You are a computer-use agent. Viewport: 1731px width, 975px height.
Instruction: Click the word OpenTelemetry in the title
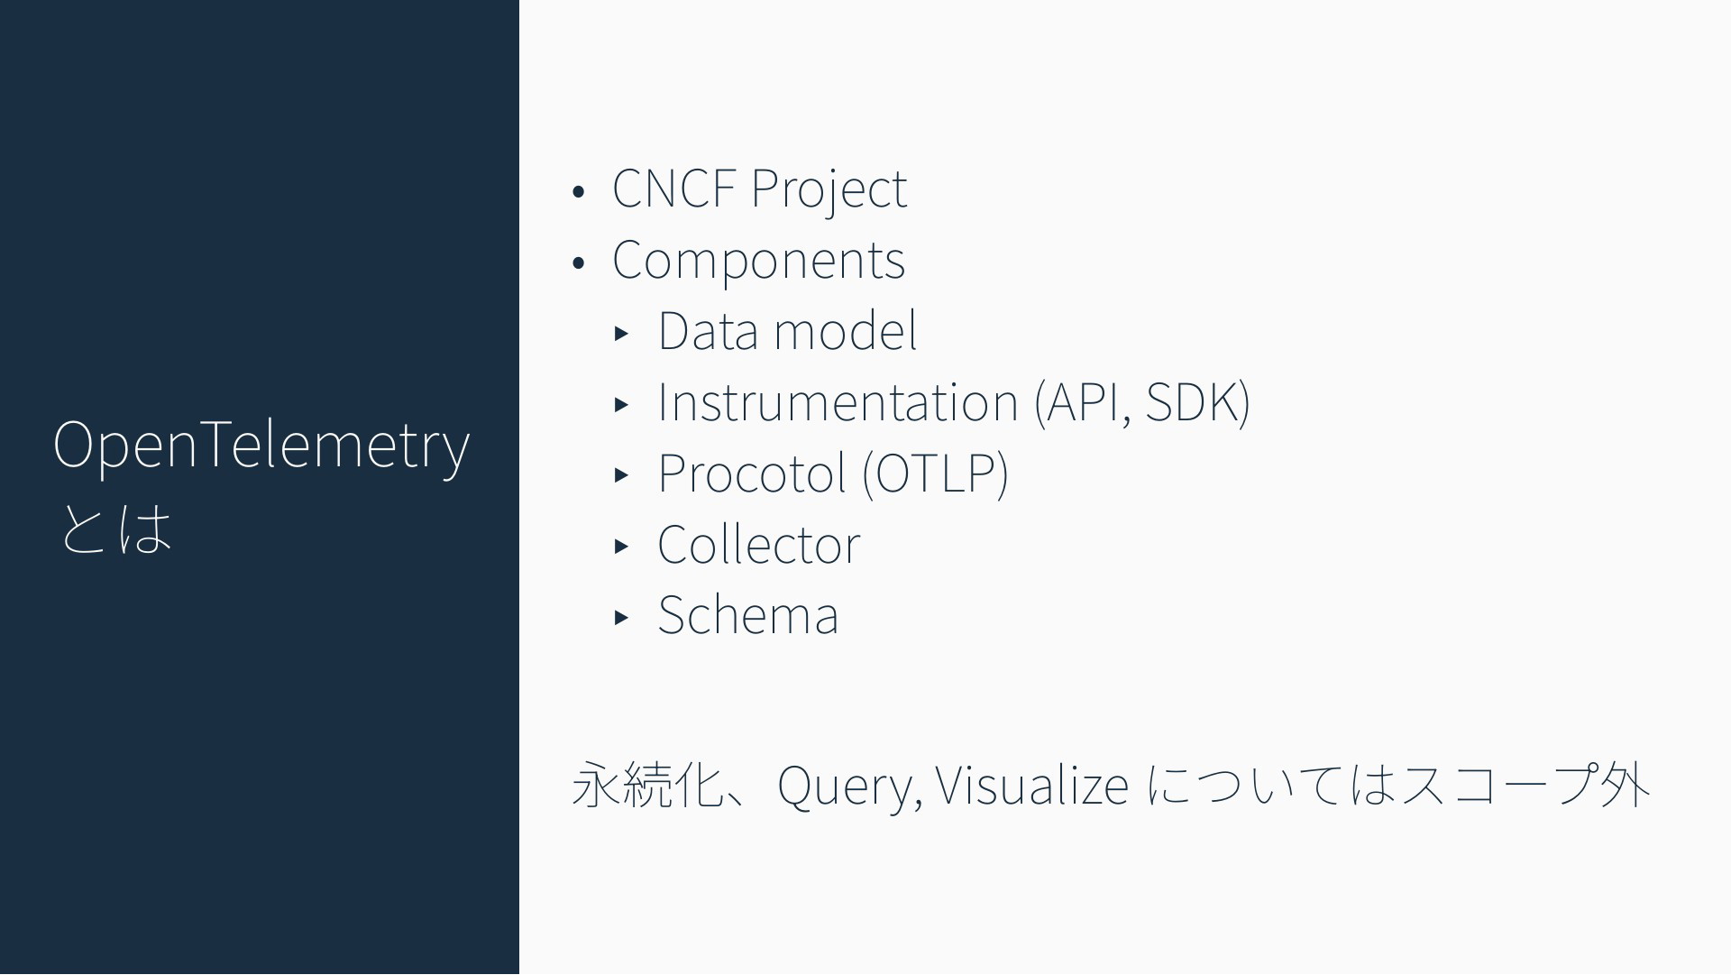click(x=261, y=446)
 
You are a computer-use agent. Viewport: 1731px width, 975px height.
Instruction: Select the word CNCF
click(x=673, y=188)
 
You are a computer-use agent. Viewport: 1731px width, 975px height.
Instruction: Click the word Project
click(x=829, y=190)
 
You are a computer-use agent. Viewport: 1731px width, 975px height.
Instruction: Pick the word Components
click(x=758, y=261)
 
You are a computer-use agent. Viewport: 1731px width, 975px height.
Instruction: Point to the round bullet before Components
click(x=579, y=263)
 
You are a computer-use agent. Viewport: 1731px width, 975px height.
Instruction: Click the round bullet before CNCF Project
click(x=579, y=192)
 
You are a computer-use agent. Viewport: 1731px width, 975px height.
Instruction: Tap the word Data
click(x=709, y=330)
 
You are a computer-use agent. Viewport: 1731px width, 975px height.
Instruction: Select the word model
click(x=845, y=330)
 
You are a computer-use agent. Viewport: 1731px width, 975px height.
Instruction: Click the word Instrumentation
click(x=838, y=401)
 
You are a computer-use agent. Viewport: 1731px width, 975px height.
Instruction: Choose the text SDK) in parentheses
click(x=1197, y=401)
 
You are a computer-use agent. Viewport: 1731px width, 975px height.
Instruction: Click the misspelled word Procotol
click(x=753, y=473)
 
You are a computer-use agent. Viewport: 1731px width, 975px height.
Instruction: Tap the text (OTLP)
click(x=935, y=473)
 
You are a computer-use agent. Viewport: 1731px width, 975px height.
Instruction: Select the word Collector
click(x=759, y=544)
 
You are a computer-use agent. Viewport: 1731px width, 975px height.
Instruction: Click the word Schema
click(x=748, y=615)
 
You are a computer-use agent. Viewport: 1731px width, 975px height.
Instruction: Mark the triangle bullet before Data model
click(x=620, y=333)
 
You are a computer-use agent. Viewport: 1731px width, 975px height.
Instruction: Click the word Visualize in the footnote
click(x=1032, y=784)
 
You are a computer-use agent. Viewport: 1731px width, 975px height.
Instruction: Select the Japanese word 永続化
click(x=648, y=785)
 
